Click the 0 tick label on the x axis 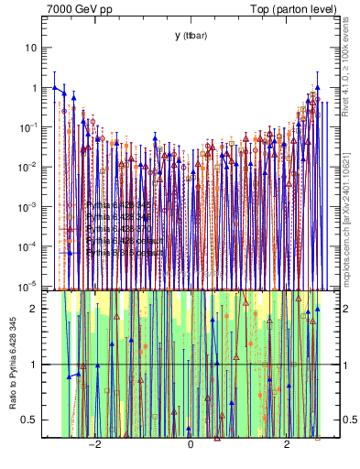coord(190,446)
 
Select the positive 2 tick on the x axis coord(287,446)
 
